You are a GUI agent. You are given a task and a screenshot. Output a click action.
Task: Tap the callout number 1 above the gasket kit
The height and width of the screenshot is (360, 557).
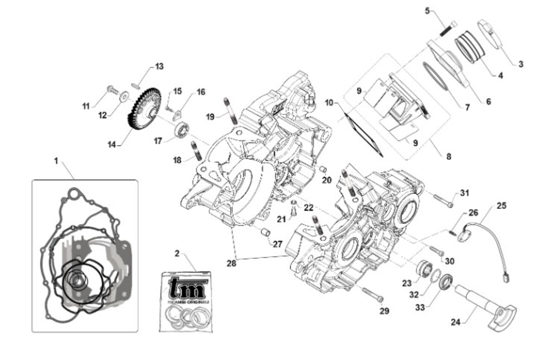coord(56,161)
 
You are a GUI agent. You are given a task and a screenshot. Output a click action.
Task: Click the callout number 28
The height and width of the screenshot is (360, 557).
coord(231,263)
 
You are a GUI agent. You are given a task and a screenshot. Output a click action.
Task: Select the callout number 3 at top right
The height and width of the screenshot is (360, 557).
coord(521,64)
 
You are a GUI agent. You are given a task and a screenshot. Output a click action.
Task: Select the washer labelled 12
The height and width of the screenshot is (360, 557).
coord(124,96)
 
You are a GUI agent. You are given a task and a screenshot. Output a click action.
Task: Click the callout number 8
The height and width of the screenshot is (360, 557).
coord(448,157)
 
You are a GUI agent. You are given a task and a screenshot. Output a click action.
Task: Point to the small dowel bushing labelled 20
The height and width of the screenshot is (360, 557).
coord(321,169)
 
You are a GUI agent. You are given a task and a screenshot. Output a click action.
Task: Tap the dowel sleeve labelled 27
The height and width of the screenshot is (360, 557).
coord(266,231)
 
